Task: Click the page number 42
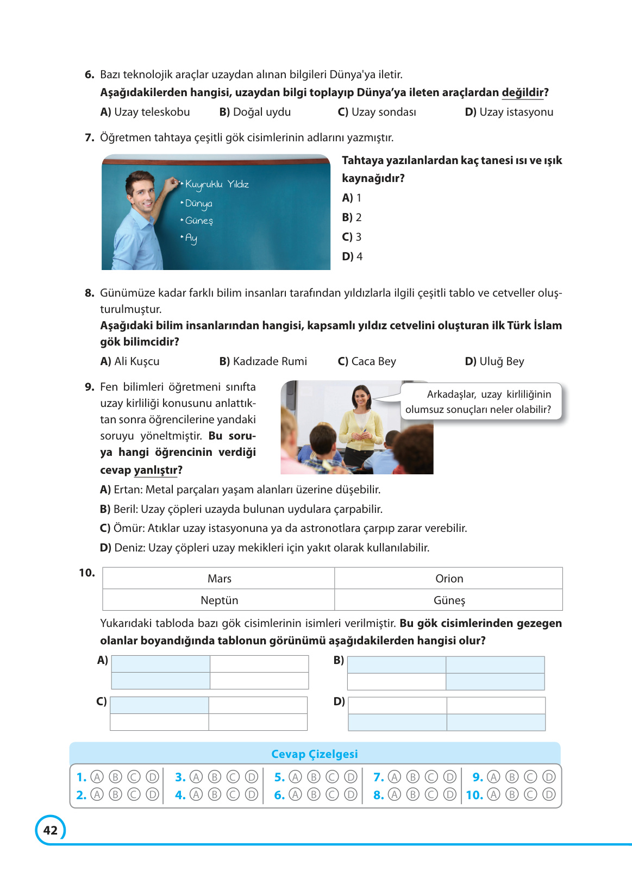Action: tap(50, 830)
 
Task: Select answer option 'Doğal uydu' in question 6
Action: tap(255, 112)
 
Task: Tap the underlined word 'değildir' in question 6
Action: tap(522, 92)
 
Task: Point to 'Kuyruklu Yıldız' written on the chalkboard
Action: tap(217, 184)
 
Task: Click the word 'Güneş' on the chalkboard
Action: tap(199, 221)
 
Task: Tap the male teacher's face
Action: tap(141, 193)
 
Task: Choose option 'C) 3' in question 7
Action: tap(352, 237)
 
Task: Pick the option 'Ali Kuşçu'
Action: tap(130, 361)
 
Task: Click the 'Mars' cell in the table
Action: tap(219, 579)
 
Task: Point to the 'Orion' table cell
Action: tap(449, 579)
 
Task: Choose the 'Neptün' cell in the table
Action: tap(219, 600)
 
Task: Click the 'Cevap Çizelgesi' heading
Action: tap(315, 754)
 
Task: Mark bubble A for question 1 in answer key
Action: tap(97, 777)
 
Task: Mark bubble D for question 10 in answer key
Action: tap(549, 795)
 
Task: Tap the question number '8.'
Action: tap(90, 293)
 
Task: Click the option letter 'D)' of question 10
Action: tap(339, 701)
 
